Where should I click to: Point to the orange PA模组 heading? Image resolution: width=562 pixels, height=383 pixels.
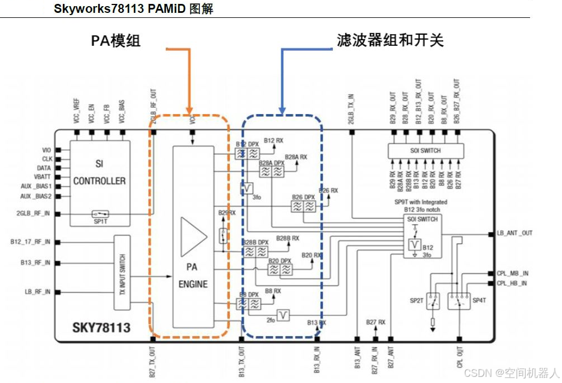[x=116, y=41]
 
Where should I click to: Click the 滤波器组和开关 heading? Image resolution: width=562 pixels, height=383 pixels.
[x=390, y=40]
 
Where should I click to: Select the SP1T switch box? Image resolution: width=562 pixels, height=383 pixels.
[x=101, y=214]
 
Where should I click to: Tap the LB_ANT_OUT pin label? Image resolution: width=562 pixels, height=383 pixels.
[x=514, y=233]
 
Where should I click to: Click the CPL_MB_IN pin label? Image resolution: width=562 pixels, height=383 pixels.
[x=513, y=273]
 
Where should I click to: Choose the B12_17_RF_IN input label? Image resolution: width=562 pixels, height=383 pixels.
[x=30, y=242]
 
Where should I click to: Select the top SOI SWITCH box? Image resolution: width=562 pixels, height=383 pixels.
[x=426, y=150]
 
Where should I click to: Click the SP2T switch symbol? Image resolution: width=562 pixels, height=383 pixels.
[x=432, y=301]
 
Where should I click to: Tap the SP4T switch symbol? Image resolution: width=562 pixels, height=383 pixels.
[x=459, y=301]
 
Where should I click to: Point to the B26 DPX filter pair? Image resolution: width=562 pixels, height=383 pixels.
[x=304, y=206]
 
